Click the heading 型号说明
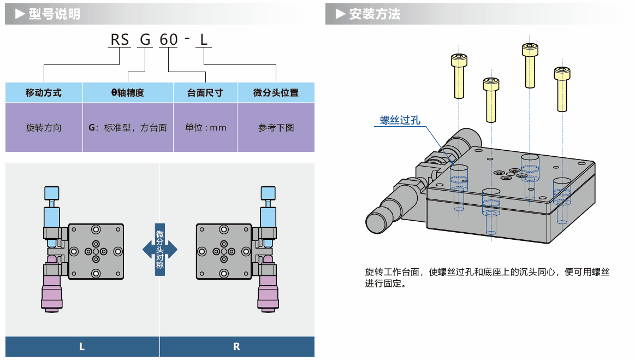tap(54, 14)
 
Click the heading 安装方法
tap(375, 14)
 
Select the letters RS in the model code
tap(120, 40)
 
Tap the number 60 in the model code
tap(168, 40)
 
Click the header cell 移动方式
tap(44, 92)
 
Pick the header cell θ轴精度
tap(128, 92)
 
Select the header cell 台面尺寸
tap(205, 92)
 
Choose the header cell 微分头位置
tap(276, 92)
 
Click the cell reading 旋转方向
tap(44, 128)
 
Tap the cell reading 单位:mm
tap(205, 128)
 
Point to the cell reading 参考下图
tap(276, 128)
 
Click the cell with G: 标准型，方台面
tap(128, 128)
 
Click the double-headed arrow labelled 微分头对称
tap(160, 249)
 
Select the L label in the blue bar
tap(82, 346)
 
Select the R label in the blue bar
tap(236, 346)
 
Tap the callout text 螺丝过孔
tap(400, 120)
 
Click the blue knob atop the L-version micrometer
tap(51, 193)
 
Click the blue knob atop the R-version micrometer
tap(268, 193)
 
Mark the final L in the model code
tap(204, 40)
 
